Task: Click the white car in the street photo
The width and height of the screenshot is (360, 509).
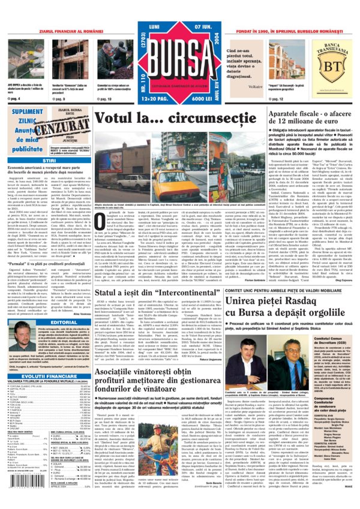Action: point(136,180)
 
